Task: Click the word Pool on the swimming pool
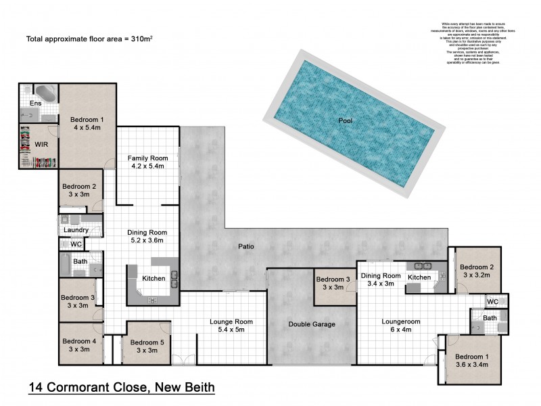point(346,120)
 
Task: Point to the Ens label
point(35,103)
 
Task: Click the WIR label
point(30,144)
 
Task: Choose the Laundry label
point(76,230)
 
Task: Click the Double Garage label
point(312,324)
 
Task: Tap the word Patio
point(246,246)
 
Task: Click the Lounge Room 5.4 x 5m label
point(231,325)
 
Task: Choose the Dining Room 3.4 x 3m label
point(381,279)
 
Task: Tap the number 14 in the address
point(37,388)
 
